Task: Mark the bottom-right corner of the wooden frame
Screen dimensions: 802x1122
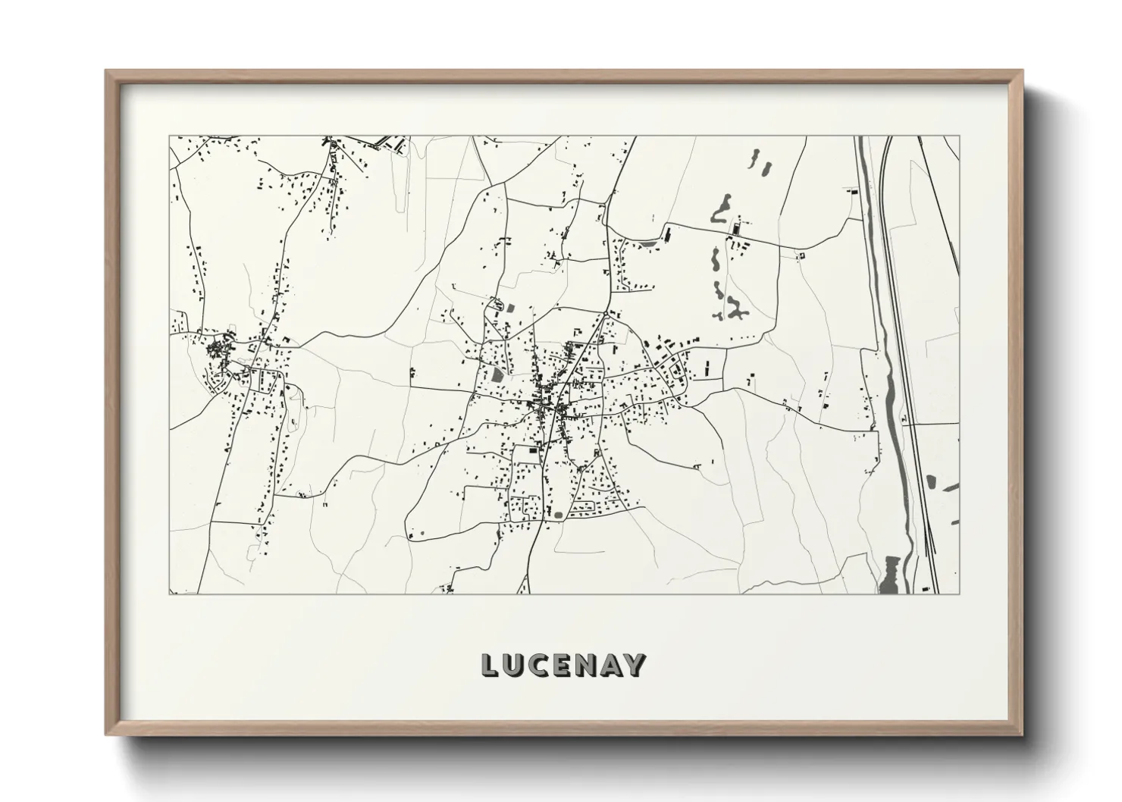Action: (x=1023, y=735)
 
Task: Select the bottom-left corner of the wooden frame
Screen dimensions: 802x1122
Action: (x=105, y=735)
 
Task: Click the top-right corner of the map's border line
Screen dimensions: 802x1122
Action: (x=960, y=136)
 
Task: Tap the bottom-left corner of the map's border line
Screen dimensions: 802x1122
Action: (x=168, y=594)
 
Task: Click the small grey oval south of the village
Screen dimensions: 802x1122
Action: (x=559, y=515)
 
